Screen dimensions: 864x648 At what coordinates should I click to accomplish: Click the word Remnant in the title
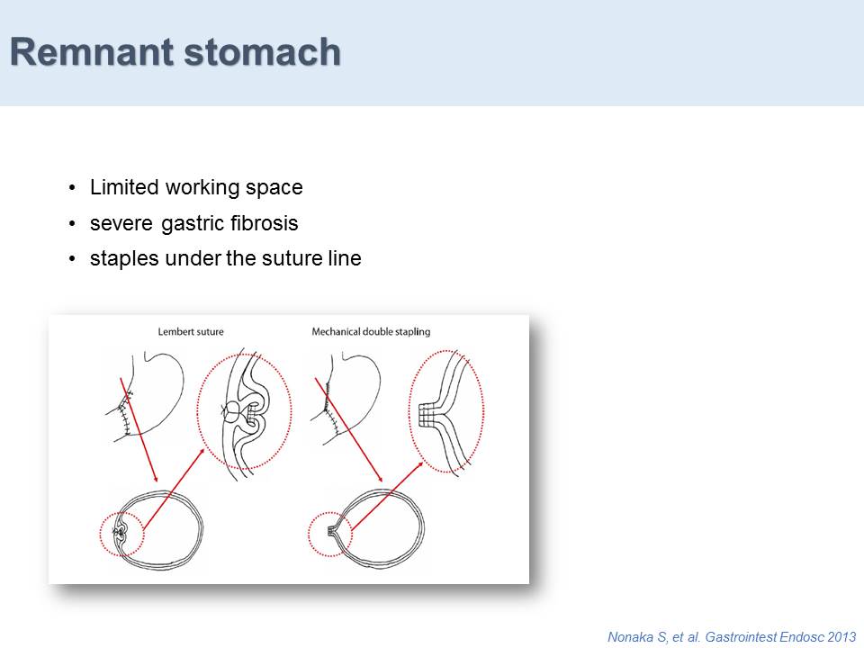point(92,52)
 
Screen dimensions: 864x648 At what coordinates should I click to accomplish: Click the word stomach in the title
point(262,52)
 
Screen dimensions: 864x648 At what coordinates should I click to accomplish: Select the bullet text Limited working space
point(196,188)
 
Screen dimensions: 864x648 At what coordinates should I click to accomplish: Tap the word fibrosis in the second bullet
point(265,222)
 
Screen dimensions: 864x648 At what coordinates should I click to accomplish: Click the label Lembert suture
point(191,332)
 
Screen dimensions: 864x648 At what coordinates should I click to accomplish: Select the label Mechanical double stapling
point(371,332)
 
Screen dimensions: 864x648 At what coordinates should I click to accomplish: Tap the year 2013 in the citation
point(841,636)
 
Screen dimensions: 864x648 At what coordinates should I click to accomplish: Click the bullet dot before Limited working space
point(72,188)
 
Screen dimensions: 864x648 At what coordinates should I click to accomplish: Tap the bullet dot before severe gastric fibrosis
point(72,224)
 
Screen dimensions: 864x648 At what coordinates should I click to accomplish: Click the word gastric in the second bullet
point(193,224)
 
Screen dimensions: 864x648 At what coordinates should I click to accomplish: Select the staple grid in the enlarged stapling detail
point(426,415)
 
